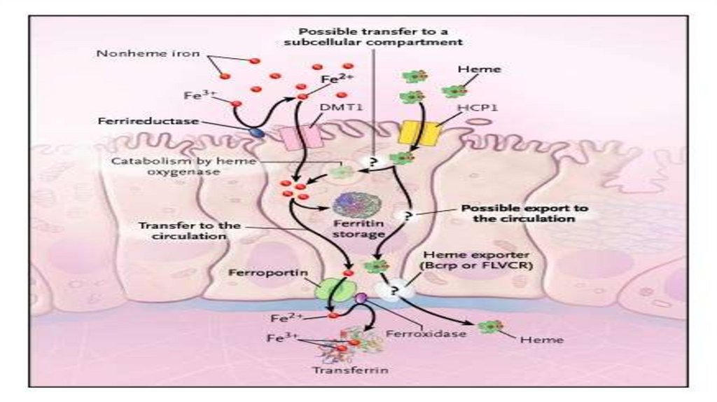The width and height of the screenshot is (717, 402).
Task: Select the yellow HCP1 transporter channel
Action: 418,132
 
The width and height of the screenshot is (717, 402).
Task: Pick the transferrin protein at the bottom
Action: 354,346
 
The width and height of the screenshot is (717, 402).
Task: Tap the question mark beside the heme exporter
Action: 396,288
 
